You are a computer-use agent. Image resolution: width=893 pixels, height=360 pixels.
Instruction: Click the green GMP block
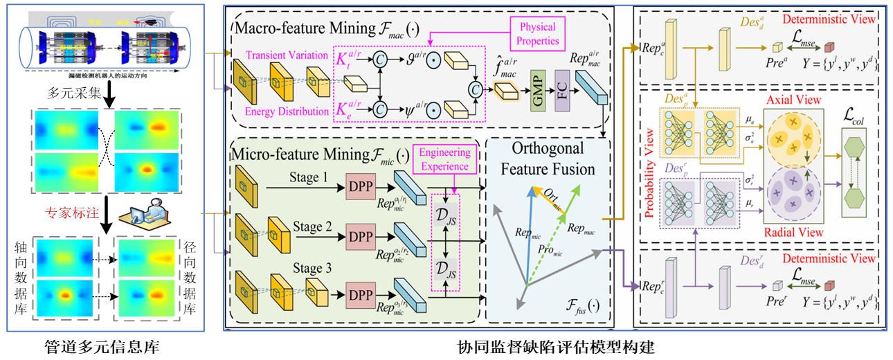point(537,87)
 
